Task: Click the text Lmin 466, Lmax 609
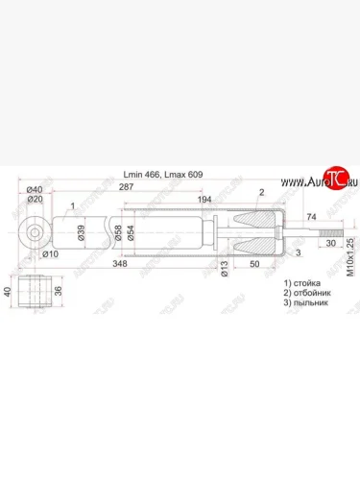click(163, 175)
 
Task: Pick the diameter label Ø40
click(35, 189)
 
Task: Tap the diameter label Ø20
click(35, 200)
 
